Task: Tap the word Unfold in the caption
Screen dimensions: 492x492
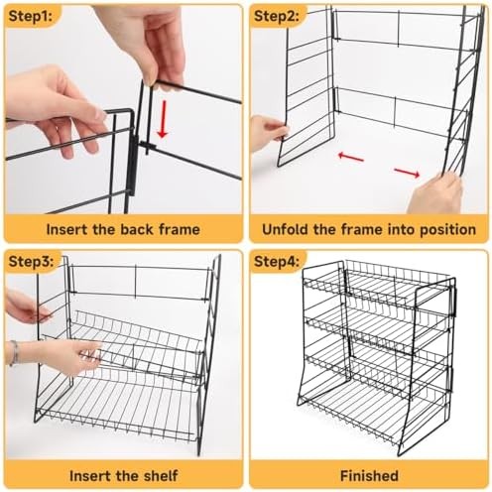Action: click(x=288, y=229)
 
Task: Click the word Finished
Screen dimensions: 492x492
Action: click(x=369, y=475)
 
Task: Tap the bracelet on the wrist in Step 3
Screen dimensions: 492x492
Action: click(x=14, y=352)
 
